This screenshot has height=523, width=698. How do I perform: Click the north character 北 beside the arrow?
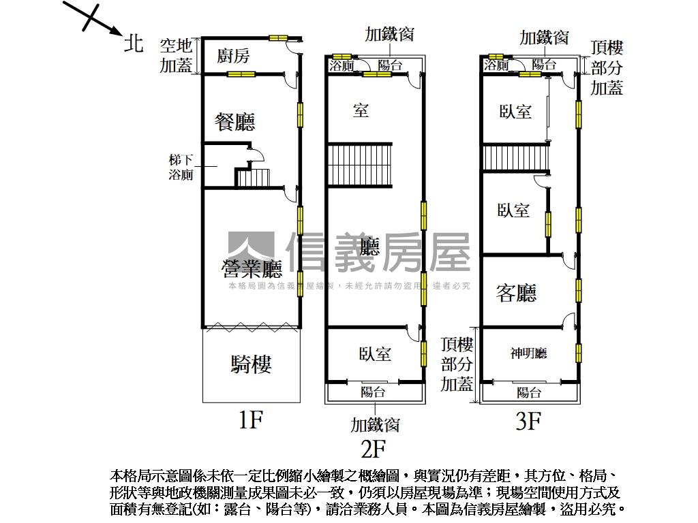click(x=134, y=43)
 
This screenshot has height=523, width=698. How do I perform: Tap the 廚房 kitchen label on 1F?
click(x=233, y=56)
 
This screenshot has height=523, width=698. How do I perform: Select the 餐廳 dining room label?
click(x=234, y=123)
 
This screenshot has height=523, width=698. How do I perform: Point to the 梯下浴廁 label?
click(x=181, y=168)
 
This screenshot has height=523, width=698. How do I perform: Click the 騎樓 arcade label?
click(x=251, y=365)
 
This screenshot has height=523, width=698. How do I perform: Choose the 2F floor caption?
click(x=373, y=449)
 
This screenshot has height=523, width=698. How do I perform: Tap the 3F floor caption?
click(x=528, y=422)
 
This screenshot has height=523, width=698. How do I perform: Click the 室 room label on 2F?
click(x=361, y=110)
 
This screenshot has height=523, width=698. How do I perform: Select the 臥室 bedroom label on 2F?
click(x=375, y=354)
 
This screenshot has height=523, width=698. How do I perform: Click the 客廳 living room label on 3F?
click(x=516, y=294)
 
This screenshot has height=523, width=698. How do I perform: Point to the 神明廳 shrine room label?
click(x=529, y=353)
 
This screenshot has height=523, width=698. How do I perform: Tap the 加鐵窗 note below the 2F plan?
click(x=375, y=425)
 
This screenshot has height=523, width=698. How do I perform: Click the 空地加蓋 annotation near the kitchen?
click(x=177, y=56)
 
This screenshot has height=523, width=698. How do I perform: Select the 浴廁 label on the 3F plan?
click(x=496, y=65)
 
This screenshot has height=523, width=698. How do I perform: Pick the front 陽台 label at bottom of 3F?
click(x=529, y=392)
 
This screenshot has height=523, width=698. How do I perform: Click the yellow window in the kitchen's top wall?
click(x=278, y=38)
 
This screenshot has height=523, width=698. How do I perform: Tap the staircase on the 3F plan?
click(x=516, y=159)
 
